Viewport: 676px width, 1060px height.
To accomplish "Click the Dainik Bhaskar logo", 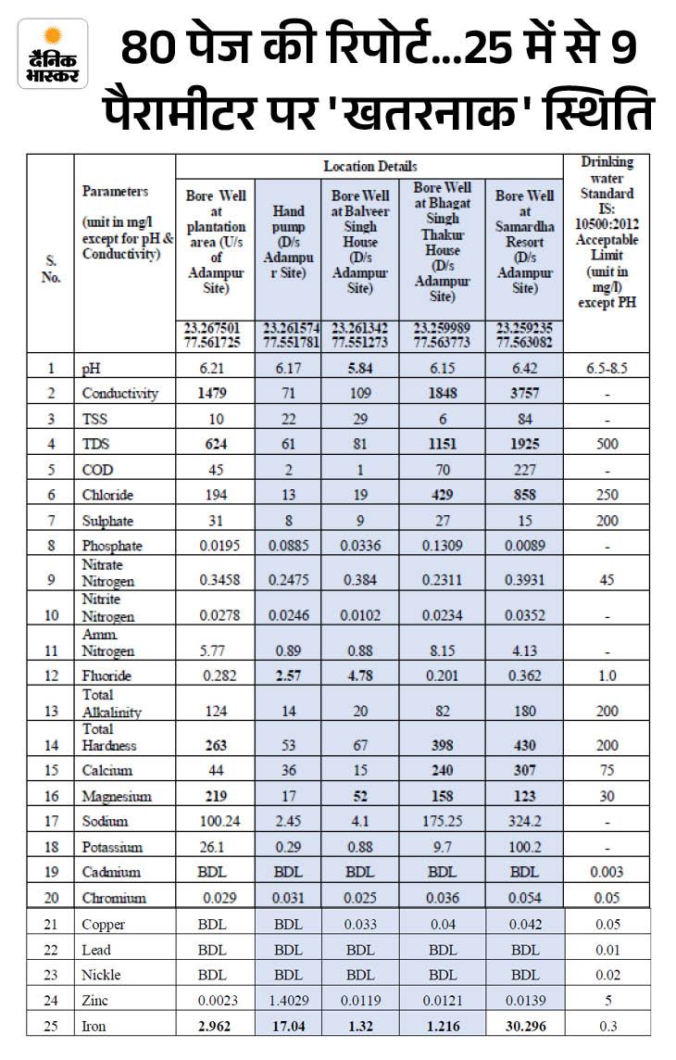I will pyautogui.click(x=53, y=54).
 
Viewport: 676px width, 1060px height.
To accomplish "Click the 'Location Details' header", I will pyautogui.click(x=369, y=166).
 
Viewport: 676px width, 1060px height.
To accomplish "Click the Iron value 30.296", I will pyautogui.click(x=524, y=1026).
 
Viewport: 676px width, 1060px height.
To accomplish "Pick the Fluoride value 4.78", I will pyautogui.click(x=359, y=675).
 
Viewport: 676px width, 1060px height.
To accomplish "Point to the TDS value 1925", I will pyautogui.click(x=524, y=444).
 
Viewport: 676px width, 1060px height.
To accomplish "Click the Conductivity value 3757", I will pyautogui.click(x=524, y=393).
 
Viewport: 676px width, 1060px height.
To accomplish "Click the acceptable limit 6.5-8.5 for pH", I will pyautogui.click(x=607, y=368).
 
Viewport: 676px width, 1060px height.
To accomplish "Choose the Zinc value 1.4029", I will pyautogui.click(x=288, y=1000).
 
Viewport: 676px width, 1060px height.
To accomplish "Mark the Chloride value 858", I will pyautogui.click(x=524, y=495).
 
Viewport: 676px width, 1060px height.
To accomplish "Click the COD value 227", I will pyautogui.click(x=524, y=470).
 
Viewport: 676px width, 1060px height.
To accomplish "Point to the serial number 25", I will pyautogui.click(x=50, y=1026).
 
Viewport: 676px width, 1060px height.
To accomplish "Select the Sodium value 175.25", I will pyautogui.click(x=442, y=821).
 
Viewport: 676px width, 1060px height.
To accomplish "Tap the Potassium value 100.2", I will pyautogui.click(x=524, y=847).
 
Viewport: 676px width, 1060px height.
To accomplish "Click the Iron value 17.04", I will pyautogui.click(x=288, y=1026).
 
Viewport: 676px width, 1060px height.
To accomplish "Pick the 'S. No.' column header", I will pyautogui.click(x=50, y=270).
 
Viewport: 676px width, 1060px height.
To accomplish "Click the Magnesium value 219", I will pyautogui.click(x=215, y=796).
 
